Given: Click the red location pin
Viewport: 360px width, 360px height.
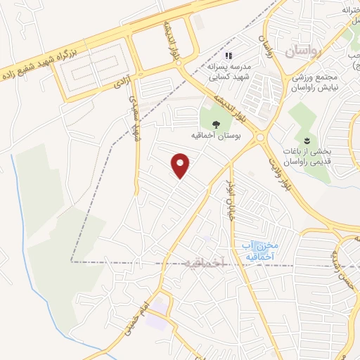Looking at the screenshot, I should (181, 166).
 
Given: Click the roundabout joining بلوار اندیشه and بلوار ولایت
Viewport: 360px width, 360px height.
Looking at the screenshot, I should (260, 138).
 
